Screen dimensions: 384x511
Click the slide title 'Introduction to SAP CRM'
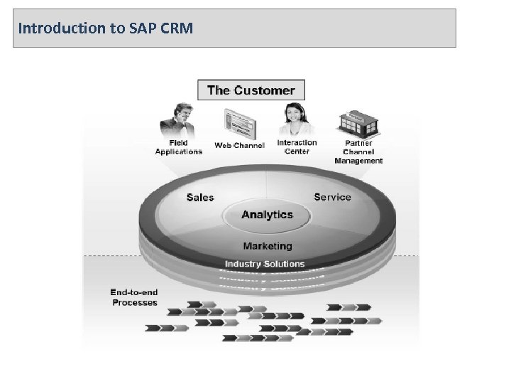[x=104, y=29]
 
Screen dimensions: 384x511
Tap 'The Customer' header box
[x=251, y=90]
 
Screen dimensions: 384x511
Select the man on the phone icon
[x=174, y=120]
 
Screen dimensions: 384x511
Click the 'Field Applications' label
[x=178, y=147]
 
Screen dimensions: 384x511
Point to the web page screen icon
[x=238, y=124]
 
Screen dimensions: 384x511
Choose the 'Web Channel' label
[x=239, y=146]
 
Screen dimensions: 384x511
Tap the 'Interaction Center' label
[x=297, y=146]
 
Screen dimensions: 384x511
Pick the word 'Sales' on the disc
[x=200, y=198]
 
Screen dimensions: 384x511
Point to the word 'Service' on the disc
[x=332, y=197]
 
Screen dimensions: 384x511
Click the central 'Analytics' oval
[x=267, y=214]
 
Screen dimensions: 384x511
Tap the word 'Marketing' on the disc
[x=268, y=246]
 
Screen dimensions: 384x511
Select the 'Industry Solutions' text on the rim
[x=265, y=264]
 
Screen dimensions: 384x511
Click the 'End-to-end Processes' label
[x=134, y=297]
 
